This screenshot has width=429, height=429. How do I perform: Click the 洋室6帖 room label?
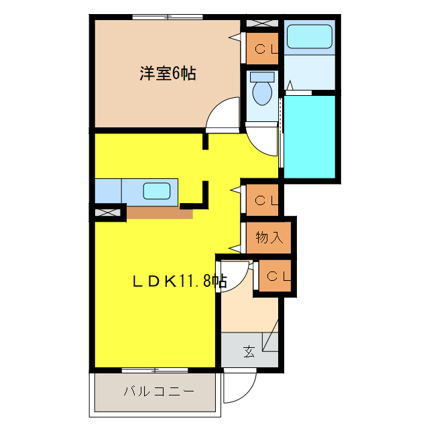point(168,74)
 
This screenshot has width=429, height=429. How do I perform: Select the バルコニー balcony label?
point(159,391)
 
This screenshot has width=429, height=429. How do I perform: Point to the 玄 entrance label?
point(249,351)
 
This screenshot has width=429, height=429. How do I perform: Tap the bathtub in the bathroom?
point(309,38)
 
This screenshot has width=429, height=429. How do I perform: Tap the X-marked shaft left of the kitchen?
point(107,213)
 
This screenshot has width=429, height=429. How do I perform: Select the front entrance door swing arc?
point(239,387)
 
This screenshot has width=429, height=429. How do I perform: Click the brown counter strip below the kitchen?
point(160,213)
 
